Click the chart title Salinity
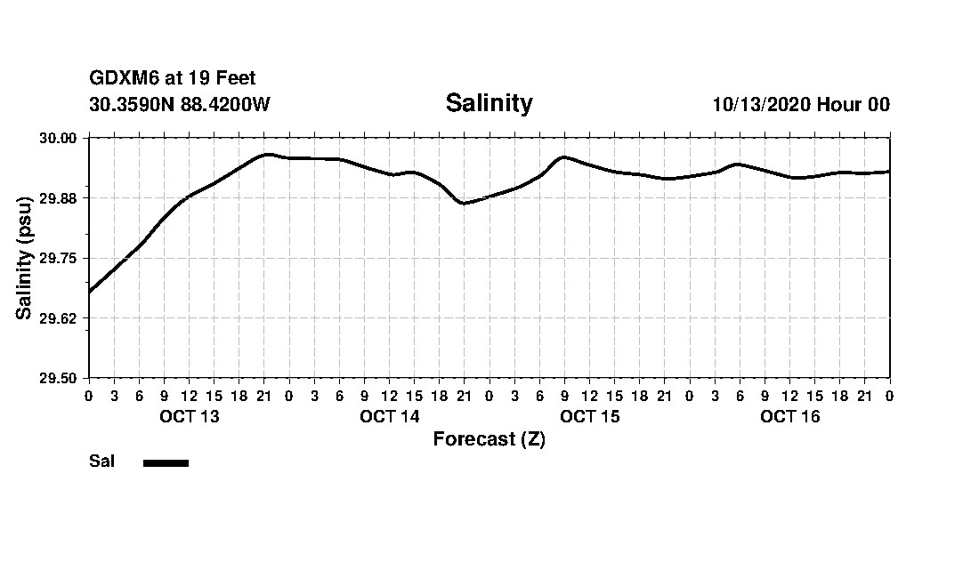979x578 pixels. coord(489,103)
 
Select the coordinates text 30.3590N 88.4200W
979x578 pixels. coord(180,104)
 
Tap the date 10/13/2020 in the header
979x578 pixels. coord(760,104)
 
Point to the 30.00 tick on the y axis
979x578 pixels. coord(62,138)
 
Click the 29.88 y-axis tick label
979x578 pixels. coord(62,197)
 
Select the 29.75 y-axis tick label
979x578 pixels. coord(62,258)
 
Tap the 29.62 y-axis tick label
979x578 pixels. coord(62,318)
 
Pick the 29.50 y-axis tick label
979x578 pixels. coord(62,378)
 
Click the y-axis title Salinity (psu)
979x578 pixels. coord(24,258)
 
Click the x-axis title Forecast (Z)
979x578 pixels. coord(489,439)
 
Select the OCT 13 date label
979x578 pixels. coord(189,416)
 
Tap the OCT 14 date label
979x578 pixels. coord(389,416)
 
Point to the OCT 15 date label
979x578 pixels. coord(590,416)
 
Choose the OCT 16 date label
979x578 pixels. coord(790,416)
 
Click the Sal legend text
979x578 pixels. coord(101,462)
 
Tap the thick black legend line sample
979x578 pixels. coord(166,462)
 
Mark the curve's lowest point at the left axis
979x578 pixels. coord(90,291)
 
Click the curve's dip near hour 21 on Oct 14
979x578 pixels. coord(463,203)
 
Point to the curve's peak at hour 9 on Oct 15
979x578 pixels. coord(563,157)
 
